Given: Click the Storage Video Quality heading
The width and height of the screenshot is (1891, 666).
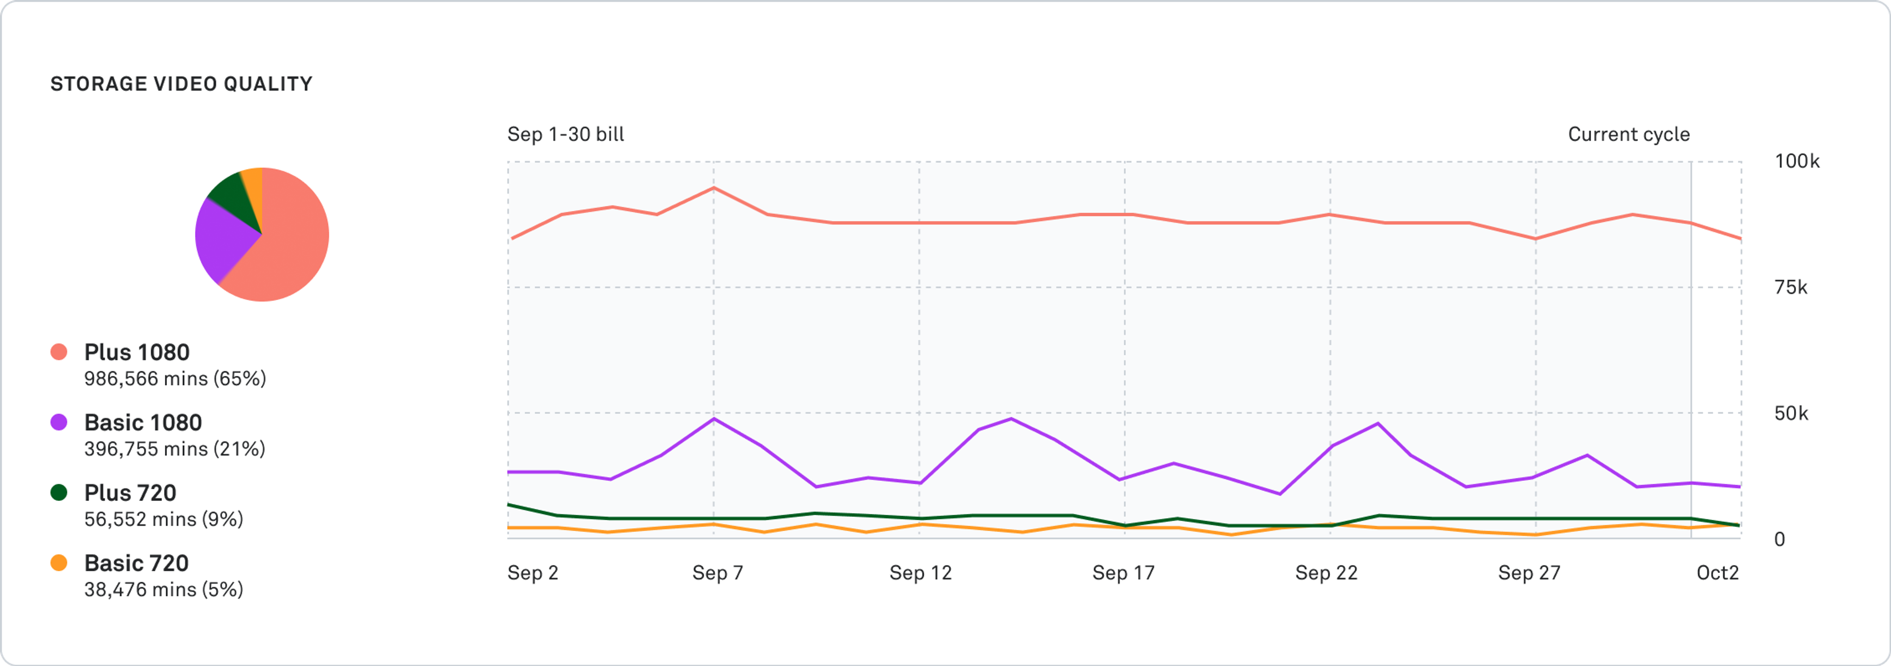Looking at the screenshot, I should (x=181, y=84).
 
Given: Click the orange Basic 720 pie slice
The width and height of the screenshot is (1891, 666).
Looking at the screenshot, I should (x=253, y=187).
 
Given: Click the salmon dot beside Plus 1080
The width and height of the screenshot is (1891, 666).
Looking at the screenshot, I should (x=59, y=352).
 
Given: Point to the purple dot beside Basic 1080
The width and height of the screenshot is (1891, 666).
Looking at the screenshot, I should (x=59, y=422).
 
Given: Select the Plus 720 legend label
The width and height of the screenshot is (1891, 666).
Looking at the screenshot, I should (x=130, y=493).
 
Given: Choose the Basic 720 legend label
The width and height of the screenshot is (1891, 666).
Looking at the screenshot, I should (x=136, y=563).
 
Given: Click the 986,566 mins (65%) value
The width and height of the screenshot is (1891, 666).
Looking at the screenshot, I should (x=175, y=379).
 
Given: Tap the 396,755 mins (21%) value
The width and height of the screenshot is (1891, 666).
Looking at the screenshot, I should (x=175, y=449).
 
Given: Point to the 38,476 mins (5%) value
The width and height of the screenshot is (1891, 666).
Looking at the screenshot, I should (x=163, y=590).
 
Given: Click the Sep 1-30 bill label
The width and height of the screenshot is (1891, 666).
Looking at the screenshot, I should (x=565, y=134).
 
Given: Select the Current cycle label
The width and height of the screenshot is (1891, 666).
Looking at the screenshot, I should (x=1628, y=134).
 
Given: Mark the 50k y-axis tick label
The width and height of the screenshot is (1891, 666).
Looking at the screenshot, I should (x=1791, y=413).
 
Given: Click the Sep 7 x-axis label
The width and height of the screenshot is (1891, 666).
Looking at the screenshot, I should (x=717, y=573).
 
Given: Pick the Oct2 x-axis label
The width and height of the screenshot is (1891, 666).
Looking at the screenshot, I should (x=1717, y=573).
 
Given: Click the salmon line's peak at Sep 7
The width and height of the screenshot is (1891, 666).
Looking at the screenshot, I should (x=714, y=188).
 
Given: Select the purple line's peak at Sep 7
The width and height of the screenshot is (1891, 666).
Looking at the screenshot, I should (x=714, y=419).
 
